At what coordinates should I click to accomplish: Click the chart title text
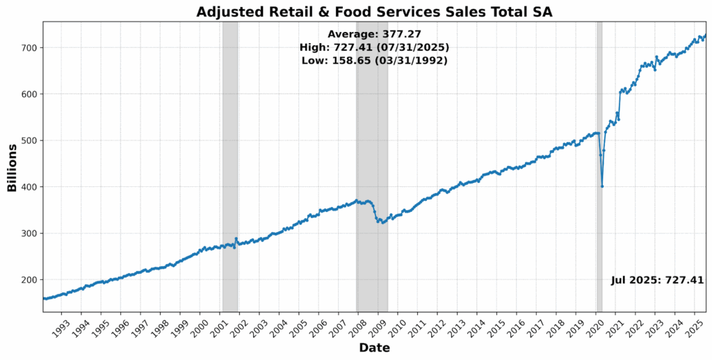(x=374, y=11)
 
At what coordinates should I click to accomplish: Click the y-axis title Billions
(x=12, y=167)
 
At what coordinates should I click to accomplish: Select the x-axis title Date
(x=374, y=347)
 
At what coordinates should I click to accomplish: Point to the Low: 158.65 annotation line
(x=374, y=60)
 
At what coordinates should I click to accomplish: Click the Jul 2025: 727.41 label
(x=657, y=280)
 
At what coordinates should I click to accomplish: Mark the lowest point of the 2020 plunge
(x=602, y=186)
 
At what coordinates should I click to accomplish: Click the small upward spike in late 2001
(x=236, y=239)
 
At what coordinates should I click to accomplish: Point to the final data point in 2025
(x=705, y=35)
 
